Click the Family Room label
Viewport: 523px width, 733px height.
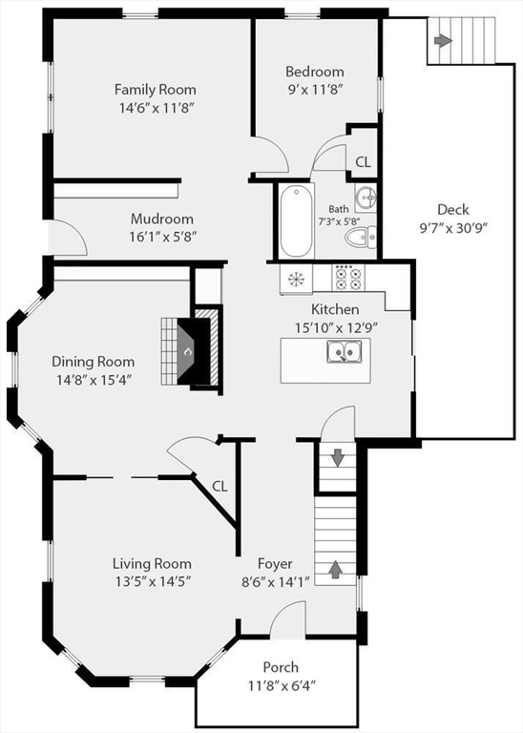156,89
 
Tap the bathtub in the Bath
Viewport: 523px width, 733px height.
296,220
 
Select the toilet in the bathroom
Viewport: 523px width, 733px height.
361,237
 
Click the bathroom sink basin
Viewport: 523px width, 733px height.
366,198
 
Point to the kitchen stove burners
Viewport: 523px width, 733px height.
348,278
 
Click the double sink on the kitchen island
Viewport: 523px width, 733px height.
344,351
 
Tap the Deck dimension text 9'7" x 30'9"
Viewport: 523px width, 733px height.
453,228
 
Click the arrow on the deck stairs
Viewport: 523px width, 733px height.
443,41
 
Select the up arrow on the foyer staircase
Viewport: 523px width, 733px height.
335,569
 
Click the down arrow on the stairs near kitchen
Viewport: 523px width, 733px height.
338,458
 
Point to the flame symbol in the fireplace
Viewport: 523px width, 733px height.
187,350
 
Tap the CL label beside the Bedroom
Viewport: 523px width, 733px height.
364,162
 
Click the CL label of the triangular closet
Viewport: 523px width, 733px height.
220,487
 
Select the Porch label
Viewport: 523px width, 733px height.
281,667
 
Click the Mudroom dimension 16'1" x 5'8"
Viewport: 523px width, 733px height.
162,237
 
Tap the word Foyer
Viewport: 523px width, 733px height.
275,564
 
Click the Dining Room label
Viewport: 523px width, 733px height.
93,362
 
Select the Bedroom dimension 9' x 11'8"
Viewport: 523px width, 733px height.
316,89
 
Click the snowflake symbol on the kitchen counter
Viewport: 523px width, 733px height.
296,279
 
